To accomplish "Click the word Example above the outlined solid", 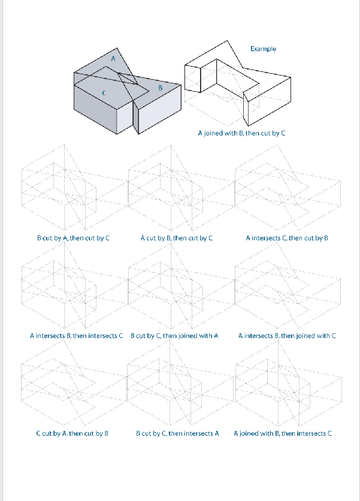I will point(263,49).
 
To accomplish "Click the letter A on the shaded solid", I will point(113,58).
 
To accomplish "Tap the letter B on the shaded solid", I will point(160,88).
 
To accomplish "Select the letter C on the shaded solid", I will point(105,93).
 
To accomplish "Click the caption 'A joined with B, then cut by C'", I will point(241,133).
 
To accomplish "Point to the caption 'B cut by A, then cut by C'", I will point(73,238).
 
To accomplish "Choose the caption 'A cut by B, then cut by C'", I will point(177,238).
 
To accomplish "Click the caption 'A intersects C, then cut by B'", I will point(287,238).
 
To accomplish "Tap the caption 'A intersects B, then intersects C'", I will point(76,336).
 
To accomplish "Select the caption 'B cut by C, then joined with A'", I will point(174,336).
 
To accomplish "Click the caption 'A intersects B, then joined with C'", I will point(287,336).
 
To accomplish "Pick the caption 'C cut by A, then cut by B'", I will point(72,433).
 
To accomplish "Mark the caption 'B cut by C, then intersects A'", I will point(177,433).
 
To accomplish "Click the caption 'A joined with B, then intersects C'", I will point(282,433).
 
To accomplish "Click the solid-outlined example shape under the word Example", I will point(240,84).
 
